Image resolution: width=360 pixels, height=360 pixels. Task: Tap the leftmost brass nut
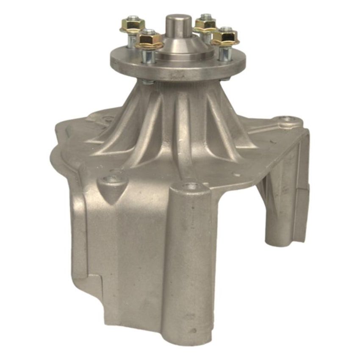click(132, 25)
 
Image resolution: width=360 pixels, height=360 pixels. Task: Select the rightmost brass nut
click(225, 37)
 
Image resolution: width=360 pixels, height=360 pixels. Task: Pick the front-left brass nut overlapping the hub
click(150, 40)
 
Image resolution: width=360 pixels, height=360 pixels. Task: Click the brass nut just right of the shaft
click(205, 25)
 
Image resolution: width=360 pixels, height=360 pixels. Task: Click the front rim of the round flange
click(178, 73)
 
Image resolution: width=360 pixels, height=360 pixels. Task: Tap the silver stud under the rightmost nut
click(224, 53)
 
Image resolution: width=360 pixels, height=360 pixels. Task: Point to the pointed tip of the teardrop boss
click(111, 202)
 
